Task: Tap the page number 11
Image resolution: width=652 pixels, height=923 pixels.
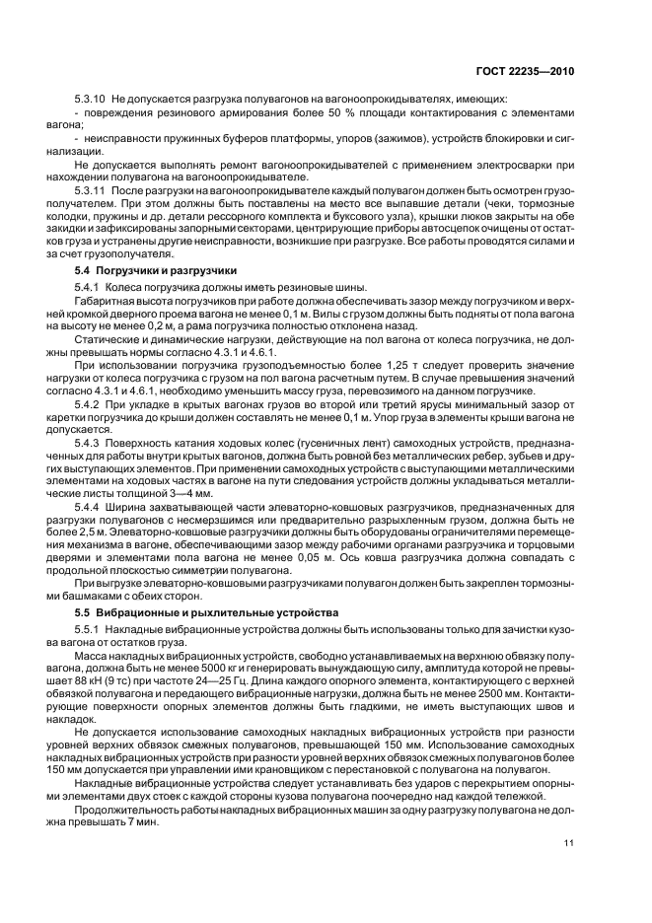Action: [x=569, y=842]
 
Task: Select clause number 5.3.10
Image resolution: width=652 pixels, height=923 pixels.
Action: [x=91, y=100]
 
